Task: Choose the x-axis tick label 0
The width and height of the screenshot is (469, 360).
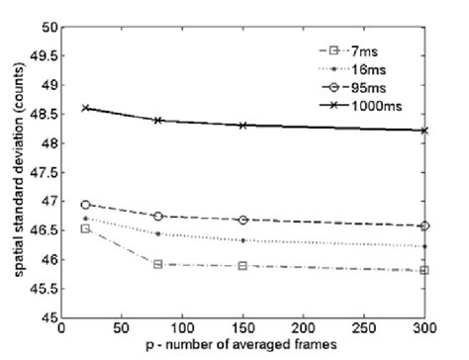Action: (61, 332)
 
